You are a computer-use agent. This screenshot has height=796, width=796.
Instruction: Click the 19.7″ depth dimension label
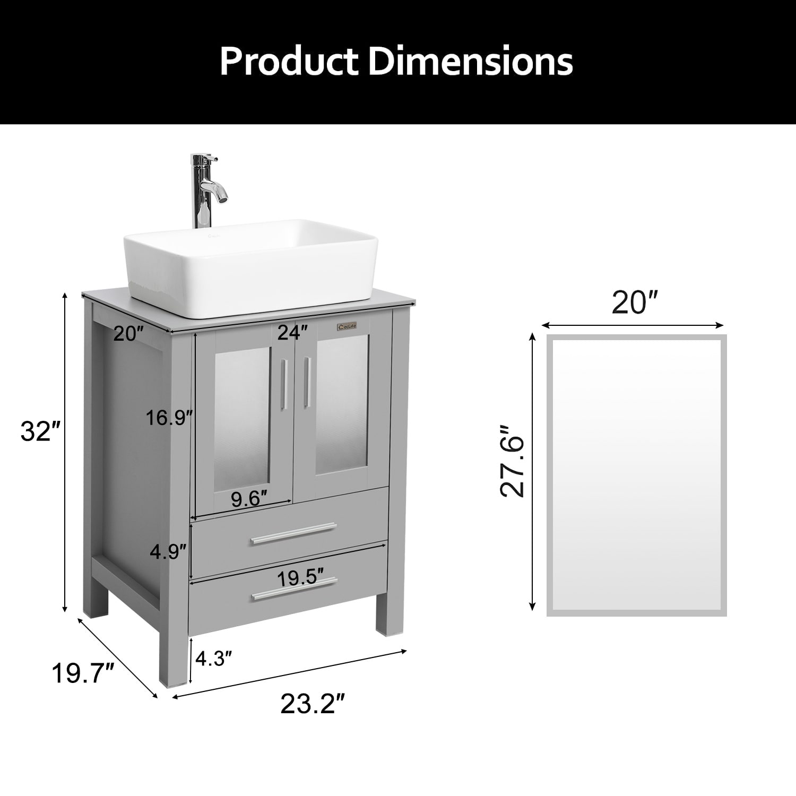82,674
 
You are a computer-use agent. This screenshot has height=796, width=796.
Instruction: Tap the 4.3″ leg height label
214,659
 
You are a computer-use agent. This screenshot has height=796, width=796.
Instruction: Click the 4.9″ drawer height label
168,551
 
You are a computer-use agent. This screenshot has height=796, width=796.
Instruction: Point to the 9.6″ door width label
248,499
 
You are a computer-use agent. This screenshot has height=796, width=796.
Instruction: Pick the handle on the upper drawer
293,533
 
